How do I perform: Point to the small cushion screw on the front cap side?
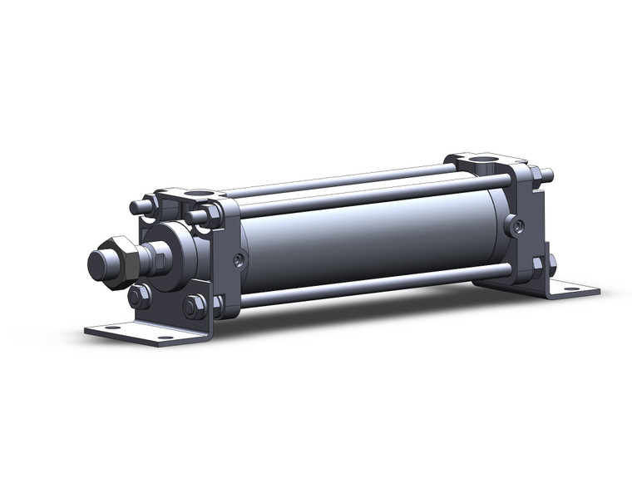[x=239, y=260]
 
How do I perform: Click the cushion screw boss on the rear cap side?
[x=517, y=224]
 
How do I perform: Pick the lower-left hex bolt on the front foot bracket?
[x=138, y=297]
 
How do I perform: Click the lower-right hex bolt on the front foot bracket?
[x=195, y=307]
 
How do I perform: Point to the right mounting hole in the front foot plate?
[x=164, y=338]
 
